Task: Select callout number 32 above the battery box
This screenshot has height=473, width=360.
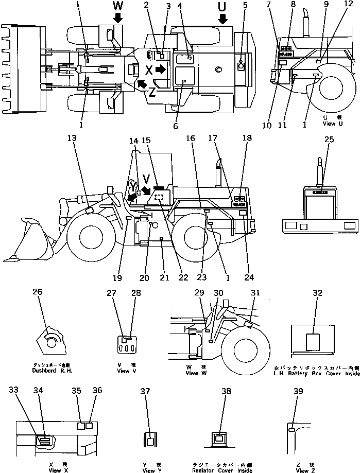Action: [x=317, y=293]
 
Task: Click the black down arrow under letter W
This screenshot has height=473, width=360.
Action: [x=118, y=19]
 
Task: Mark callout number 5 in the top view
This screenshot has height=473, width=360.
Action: [x=245, y=6]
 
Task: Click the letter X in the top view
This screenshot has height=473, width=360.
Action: [x=149, y=69]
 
